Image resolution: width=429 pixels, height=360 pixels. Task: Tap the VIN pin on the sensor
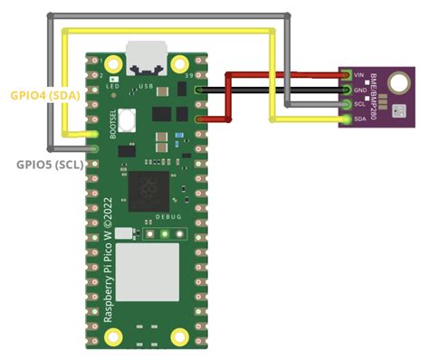pos(348,76)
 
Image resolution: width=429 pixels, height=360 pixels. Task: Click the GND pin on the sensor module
pos(348,90)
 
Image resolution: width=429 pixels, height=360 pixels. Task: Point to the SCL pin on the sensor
pos(348,104)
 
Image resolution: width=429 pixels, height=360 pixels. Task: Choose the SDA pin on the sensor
pos(348,118)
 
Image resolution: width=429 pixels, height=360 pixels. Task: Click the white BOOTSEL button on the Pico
pos(129,118)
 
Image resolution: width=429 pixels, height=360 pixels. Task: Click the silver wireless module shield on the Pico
pos(146,277)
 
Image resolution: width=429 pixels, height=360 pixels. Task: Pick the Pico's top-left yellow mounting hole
pos(113,64)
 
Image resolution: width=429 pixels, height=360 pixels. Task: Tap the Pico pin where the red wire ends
pos(202,119)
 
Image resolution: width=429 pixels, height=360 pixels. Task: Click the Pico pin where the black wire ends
pos(202,90)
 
